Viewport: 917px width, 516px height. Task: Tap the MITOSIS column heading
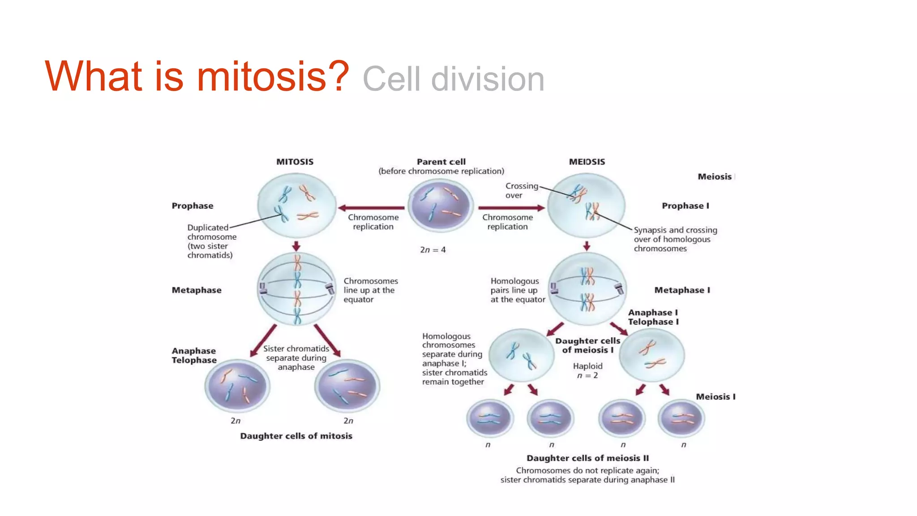tap(295, 162)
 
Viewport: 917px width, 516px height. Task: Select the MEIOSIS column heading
tap(587, 162)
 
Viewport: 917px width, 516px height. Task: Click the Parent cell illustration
tap(441, 206)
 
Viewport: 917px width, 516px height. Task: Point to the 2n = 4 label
tap(433, 250)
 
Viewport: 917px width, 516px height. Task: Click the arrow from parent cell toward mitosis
tap(372, 208)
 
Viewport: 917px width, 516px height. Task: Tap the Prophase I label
tap(685, 206)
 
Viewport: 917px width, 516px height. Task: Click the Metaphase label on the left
tap(197, 290)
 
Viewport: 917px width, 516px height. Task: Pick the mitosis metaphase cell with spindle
tap(296, 289)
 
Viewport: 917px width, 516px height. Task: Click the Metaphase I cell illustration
tap(587, 289)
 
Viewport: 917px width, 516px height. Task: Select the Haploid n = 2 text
tap(587, 371)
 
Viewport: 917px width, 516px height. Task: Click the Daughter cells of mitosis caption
tap(296, 436)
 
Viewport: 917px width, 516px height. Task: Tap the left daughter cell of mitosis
tap(237, 386)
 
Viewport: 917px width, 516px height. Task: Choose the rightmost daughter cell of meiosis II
tap(681, 418)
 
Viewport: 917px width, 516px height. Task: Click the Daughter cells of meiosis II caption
tap(587, 458)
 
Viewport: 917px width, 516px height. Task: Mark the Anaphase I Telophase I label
tap(653, 317)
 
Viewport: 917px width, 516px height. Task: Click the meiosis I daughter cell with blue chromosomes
tap(521, 355)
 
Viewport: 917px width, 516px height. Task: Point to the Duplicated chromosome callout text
tap(211, 241)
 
